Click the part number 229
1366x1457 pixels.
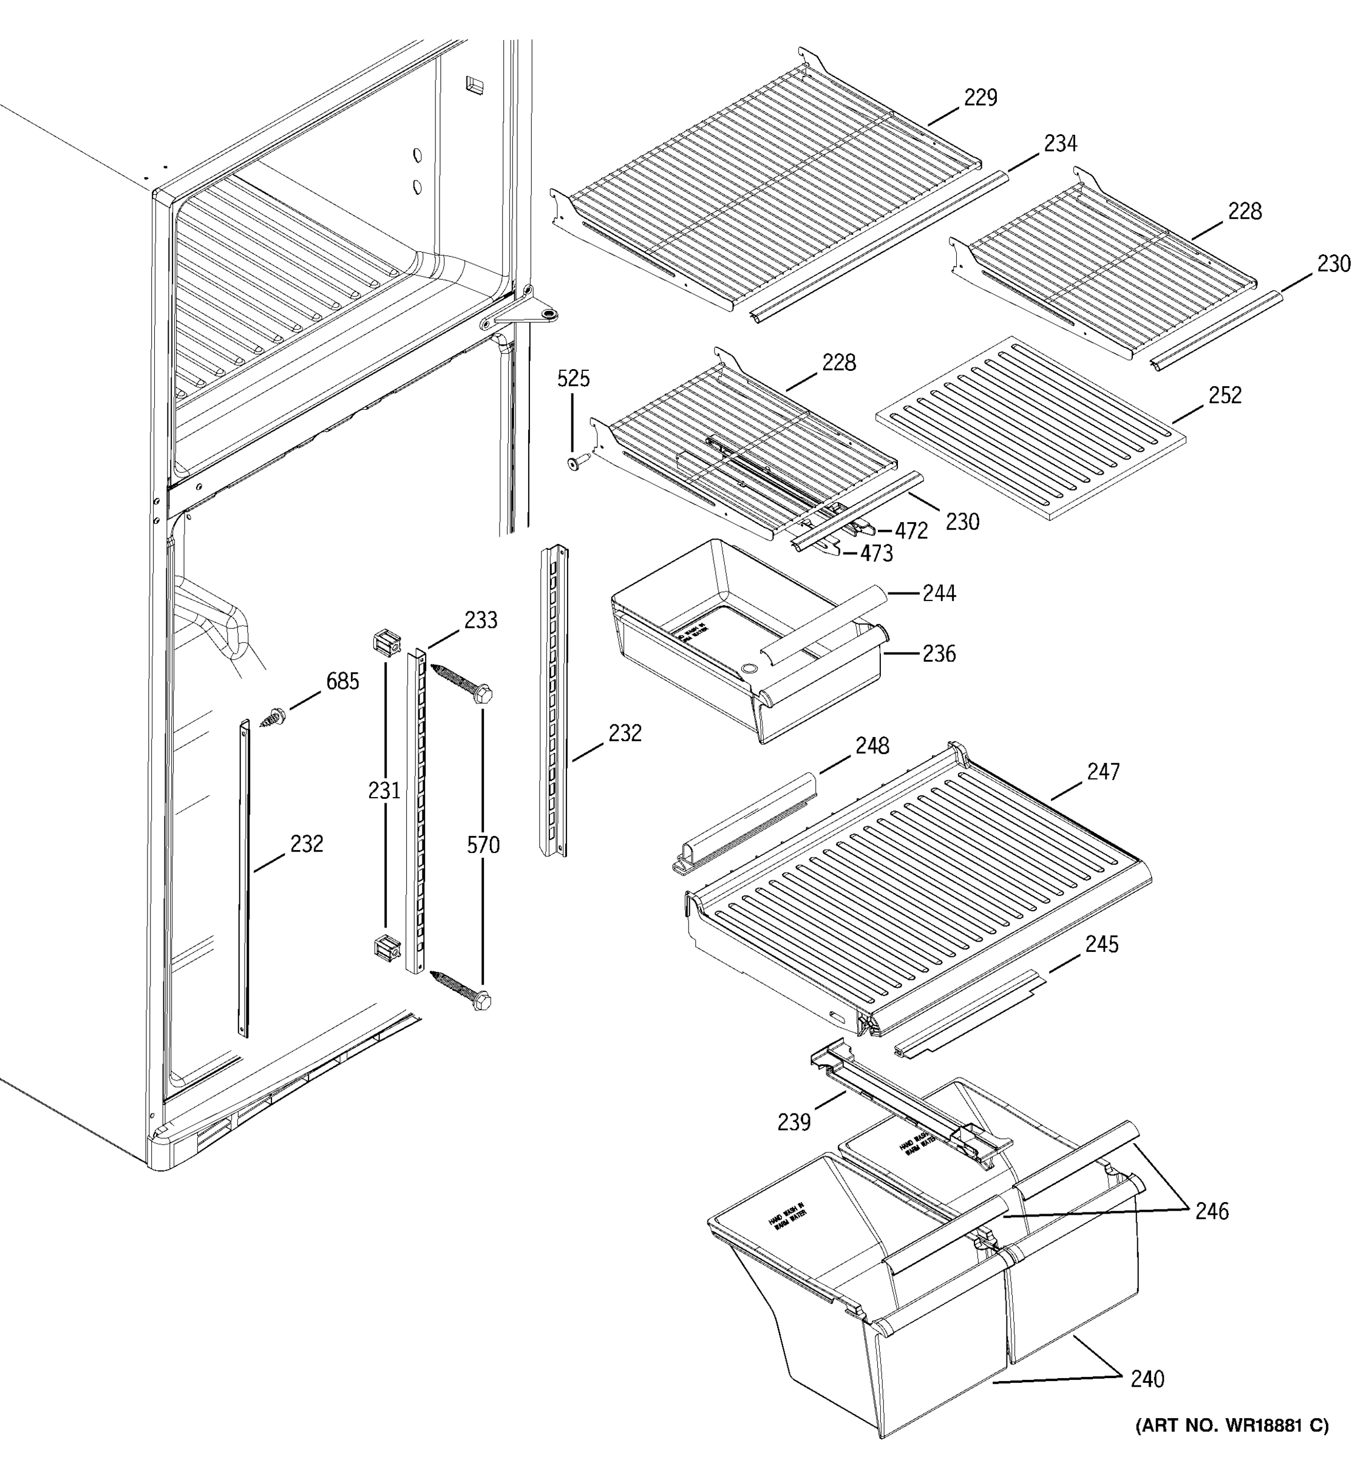coord(980,98)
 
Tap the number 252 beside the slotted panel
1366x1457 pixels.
coord(1225,396)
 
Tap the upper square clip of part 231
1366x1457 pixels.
coord(386,643)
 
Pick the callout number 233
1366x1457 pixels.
coord(480,621)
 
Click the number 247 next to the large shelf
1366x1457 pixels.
coord(1103,772)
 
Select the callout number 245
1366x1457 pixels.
coord(1101,945)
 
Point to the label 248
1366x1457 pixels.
coord(872,746)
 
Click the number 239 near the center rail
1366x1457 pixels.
coord(793,1122)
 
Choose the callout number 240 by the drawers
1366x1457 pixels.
coord(1147,1379)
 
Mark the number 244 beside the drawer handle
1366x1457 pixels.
coord(939,593)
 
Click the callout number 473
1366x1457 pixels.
coord(877,554)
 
